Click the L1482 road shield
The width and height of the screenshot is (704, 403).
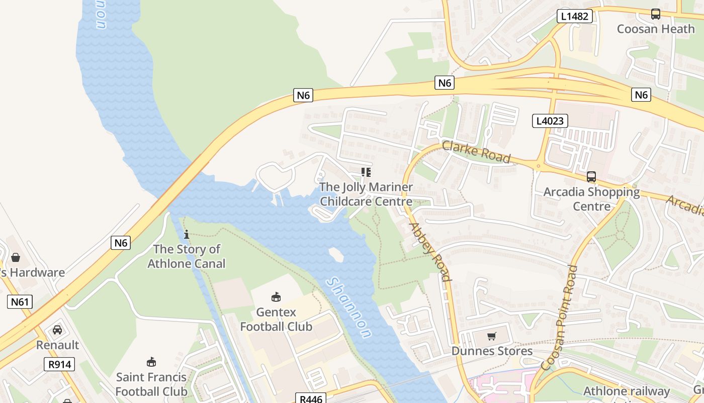(x=574, y=16)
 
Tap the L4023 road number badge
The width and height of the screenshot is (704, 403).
(x=550, y=121)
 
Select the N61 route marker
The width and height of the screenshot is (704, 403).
(x=20, y=302)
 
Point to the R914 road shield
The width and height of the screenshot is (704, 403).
(x=59, y=364)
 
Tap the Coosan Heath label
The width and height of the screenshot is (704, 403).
(x=656, y=29)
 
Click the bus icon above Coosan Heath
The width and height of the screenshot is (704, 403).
(x=656, y=14)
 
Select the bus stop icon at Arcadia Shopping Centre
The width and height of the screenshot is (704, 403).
(x=591, y=177)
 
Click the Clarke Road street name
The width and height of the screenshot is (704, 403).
(x=476, y=152)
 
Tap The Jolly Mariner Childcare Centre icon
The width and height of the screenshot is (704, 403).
(x=366, y=172)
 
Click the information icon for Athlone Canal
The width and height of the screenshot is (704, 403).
(x=187, y=234)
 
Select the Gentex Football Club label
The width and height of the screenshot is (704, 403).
(x=276, y=319)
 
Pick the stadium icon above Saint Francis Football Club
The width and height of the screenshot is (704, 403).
(x=151, y=362)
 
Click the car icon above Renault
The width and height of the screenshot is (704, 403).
(x=57, y=330)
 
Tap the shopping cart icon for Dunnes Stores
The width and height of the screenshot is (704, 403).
(x=492, y=336)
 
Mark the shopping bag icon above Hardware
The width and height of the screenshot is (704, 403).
(x=16, y=257)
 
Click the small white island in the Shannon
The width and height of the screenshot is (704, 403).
(x=336, y=255)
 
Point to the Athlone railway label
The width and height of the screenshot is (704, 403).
(x=627, y=391)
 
